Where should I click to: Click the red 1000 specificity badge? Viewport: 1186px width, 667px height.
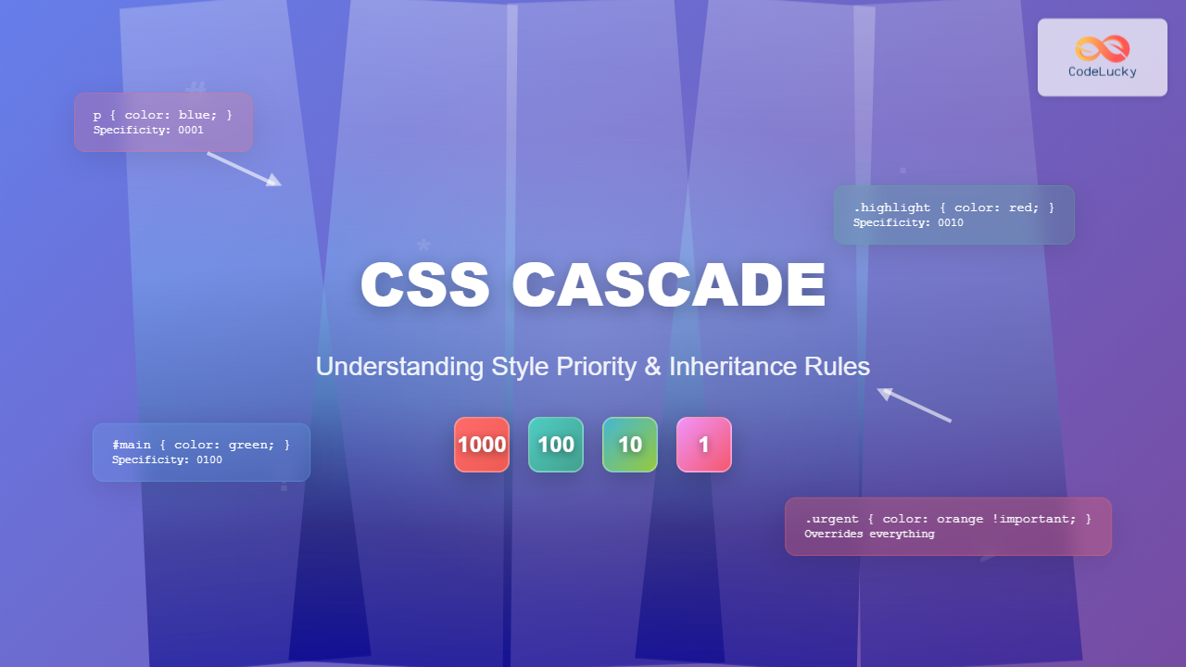482,445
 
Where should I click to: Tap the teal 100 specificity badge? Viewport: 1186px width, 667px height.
556,445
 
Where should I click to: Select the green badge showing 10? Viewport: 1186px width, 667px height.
630,445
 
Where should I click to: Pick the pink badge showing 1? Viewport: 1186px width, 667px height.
704,445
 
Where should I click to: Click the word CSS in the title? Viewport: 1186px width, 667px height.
424,285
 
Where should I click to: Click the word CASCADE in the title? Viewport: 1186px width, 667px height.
668,285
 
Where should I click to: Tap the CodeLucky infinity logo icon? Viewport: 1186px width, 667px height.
1103,48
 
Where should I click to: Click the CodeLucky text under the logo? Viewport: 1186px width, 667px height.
1103,71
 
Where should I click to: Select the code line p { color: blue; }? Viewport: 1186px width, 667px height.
162,115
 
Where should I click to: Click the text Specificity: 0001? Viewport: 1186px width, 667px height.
148,131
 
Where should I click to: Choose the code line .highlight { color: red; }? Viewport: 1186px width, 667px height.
953,208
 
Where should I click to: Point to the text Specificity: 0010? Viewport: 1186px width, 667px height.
908,223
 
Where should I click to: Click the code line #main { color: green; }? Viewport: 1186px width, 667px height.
201,445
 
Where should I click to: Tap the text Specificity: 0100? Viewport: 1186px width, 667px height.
167,460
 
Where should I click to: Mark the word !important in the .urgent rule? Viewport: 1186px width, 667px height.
1028,519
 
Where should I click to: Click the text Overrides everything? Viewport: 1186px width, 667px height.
869,535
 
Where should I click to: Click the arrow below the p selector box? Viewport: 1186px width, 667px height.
244,170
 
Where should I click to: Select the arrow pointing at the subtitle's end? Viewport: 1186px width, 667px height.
915,406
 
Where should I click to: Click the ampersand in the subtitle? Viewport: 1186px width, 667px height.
653,367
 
